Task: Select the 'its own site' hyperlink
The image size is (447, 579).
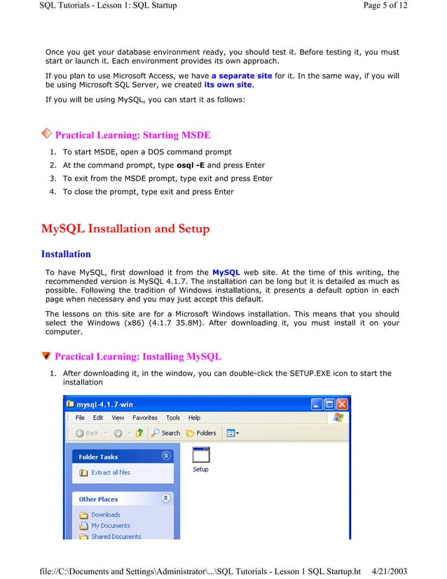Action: [228, 86]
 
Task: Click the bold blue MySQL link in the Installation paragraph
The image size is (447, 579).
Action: [226, 272]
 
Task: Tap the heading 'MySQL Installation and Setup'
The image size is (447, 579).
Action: [125, 229]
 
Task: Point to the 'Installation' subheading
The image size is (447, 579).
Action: [66, 254]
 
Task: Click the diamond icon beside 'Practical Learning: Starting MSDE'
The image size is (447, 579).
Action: [46, 133]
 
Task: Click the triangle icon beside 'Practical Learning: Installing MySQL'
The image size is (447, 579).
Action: [46, 356]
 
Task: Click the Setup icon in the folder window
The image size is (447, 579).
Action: [200, 456]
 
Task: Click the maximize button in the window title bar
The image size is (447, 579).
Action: [328, 404]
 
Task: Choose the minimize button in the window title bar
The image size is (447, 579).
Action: [315, 404]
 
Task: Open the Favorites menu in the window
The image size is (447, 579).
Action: [145, 418]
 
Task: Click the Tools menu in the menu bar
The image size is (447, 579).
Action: [173, 418]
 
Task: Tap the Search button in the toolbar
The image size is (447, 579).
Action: [166, 433]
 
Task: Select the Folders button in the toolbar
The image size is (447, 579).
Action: [201, 433]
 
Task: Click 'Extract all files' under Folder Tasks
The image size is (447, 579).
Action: [110, 472]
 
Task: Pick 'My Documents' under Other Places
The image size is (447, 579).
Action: [110, 526]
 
